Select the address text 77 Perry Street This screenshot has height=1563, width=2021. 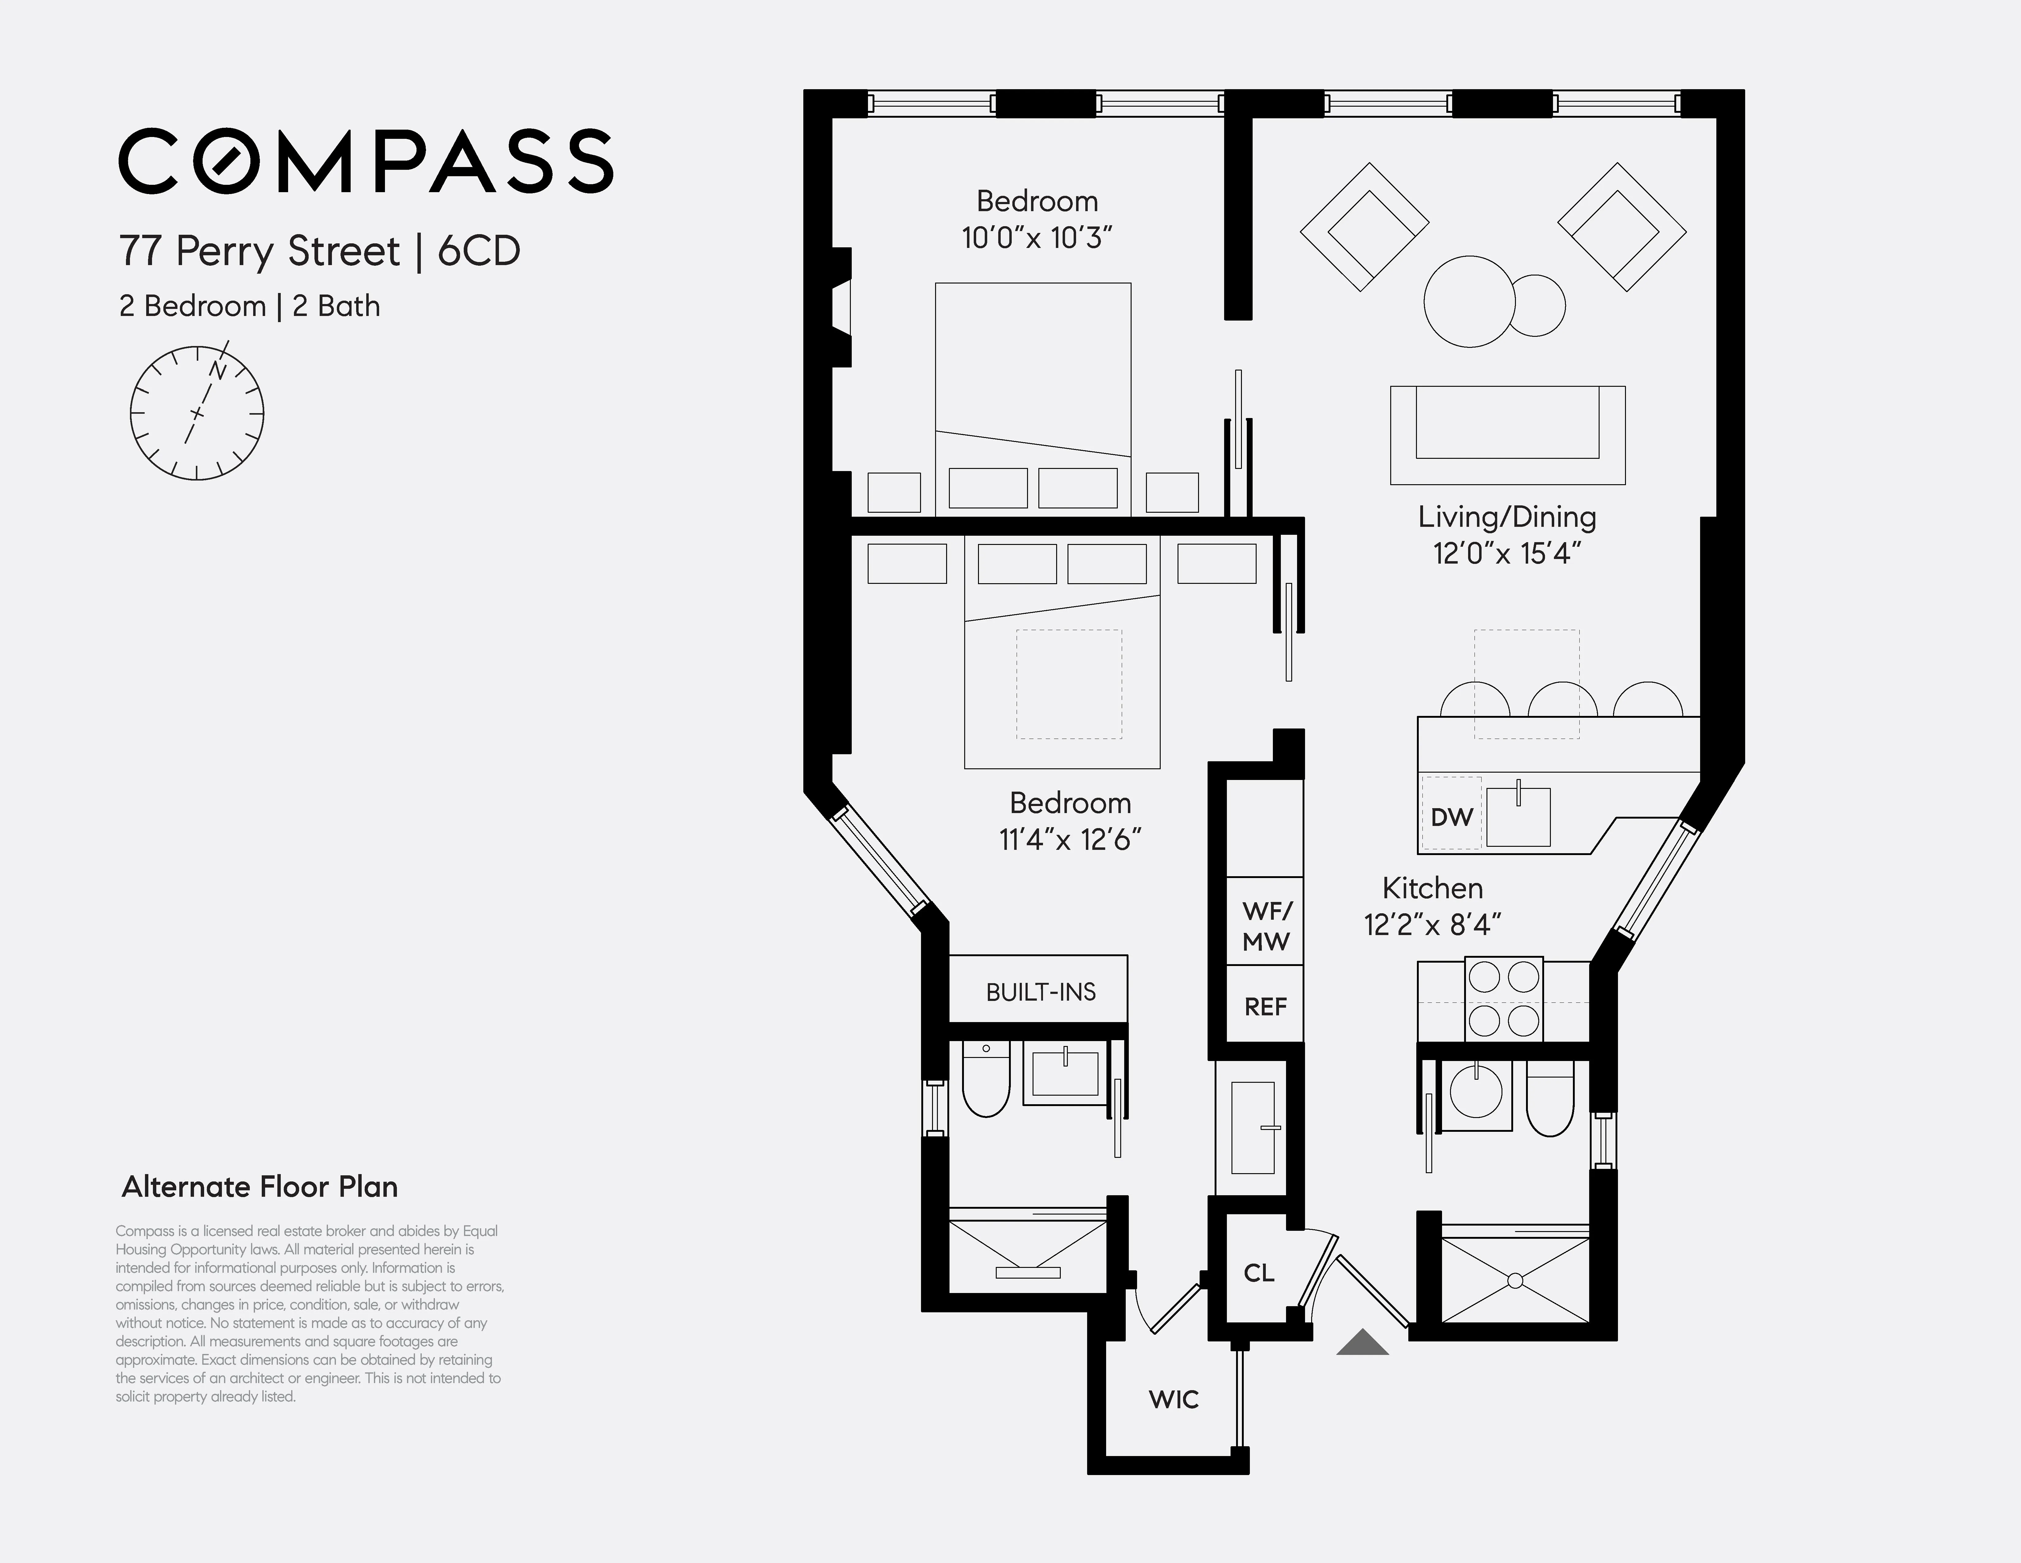[259, 251]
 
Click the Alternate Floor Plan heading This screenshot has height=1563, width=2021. [260, 1187]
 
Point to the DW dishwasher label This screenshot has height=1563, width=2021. [1451, 817]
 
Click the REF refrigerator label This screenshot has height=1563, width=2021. [1265, 1007]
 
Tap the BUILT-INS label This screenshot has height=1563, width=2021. [1040, 992]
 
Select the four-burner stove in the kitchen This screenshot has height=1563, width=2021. [1504, 999]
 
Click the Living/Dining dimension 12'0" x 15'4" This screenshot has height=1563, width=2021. [1506, 553]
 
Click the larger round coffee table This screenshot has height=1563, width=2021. [1469, 302]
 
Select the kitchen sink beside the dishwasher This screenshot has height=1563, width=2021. [1519, 816]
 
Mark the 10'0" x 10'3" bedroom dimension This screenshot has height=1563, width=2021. [1037, 238]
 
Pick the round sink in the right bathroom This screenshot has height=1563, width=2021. [1475, 1092]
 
